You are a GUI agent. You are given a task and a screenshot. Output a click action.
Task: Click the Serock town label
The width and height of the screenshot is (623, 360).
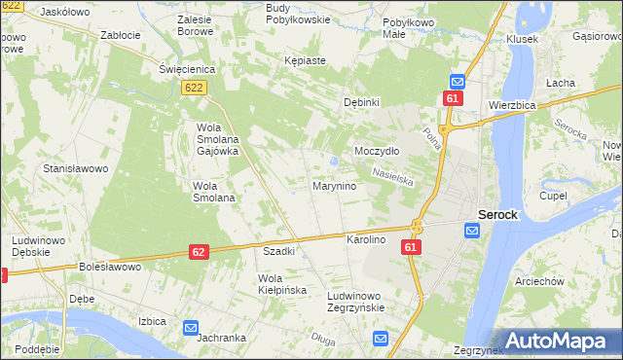coord(496,214)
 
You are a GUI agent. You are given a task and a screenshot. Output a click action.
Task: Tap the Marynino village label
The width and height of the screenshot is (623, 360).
coord(333,185)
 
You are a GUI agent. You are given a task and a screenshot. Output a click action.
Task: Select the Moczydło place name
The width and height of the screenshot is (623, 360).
coord(377,151)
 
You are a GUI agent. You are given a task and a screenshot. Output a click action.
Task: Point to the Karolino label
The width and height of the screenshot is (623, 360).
coord(367,239)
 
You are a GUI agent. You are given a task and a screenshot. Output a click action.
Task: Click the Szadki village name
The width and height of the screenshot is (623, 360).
coord(279,250)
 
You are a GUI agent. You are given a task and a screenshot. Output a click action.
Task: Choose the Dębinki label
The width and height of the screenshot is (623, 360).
coord(361,102)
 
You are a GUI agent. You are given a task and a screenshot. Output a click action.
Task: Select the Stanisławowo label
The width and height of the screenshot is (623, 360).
coord(75,168)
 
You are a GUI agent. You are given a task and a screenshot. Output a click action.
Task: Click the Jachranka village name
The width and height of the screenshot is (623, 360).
coord(219,338)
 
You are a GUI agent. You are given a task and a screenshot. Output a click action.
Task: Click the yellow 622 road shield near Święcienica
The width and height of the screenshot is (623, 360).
coord(193,88)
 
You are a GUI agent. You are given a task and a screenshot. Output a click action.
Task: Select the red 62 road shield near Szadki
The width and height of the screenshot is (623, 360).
coord(199,252)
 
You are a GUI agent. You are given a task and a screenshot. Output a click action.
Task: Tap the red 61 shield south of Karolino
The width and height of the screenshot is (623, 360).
coord(411,249)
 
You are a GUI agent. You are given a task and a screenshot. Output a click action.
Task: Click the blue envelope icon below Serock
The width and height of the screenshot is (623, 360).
coord(472,231)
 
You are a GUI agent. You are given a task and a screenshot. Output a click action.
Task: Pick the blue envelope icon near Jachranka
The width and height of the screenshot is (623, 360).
coord(191,329)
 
